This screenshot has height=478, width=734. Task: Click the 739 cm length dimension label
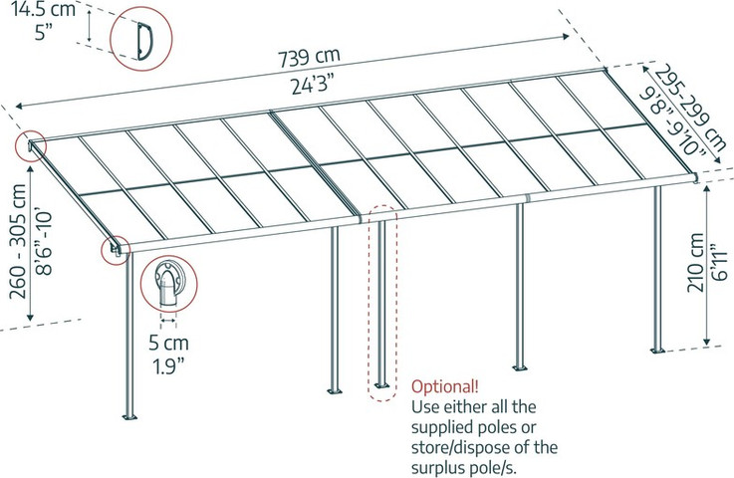(309, 57)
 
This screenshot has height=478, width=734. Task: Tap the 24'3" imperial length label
(314, 85)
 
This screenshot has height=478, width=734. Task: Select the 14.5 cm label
(43, 8)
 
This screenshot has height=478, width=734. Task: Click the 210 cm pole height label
(696, 262)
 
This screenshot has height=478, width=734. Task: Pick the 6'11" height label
(719, 262)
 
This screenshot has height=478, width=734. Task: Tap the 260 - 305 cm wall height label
(18, 241)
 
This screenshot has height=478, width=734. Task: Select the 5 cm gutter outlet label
(169, 343)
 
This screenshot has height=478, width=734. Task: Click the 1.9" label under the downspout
(169, 365)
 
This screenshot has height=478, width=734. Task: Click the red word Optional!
(445, 386)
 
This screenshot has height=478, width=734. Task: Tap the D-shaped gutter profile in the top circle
(143, 41)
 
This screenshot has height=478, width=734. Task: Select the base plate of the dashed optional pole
(382, 385)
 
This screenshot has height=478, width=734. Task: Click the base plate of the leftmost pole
(129, 416)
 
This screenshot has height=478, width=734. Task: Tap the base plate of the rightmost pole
(657, 351)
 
